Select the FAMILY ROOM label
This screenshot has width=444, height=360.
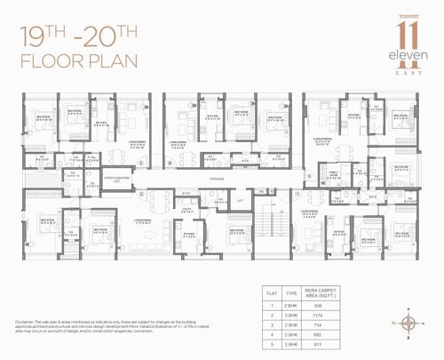pyautogui.click(x=335, y=174)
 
